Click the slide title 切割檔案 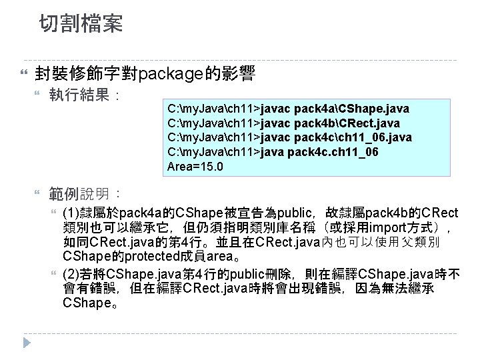coord(81,25)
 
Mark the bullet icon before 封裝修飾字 coord(25,71)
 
